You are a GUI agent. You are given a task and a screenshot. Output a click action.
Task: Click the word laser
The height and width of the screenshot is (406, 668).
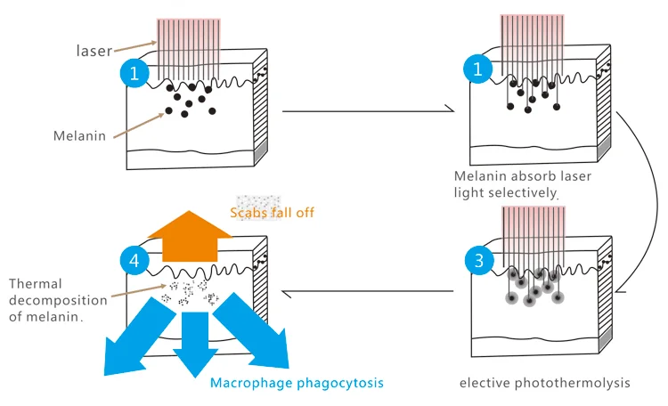tap(94, 52)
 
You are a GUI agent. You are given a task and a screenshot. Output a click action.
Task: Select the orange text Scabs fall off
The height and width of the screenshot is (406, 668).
tap(272, 213)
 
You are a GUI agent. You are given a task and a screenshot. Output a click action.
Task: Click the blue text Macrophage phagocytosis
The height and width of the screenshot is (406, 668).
tap(297, 384)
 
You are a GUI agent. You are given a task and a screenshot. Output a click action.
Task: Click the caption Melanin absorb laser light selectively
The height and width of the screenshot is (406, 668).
tap(522, 184)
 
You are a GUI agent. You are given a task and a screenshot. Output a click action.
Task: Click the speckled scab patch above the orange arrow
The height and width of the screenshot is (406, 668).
tap(258, 200)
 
